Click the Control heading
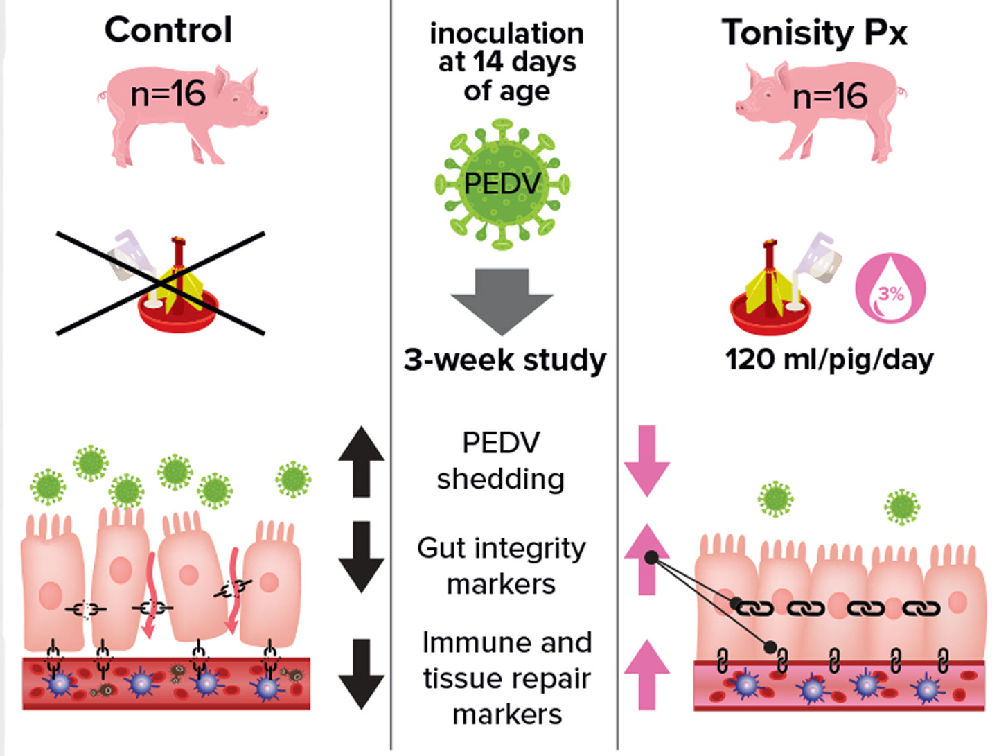[168, 30]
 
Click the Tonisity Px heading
[814, 33]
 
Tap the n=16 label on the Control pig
[168, 93]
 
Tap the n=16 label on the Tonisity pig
[829, 96]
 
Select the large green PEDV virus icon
[502, 184]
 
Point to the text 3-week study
[505, 360]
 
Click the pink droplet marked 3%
[891, 288]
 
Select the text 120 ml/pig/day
[829, 360]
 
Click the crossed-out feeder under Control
[161, 284]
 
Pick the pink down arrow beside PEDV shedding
[646, 461]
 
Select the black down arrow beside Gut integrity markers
[361, 557]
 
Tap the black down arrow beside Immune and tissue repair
[361, 674]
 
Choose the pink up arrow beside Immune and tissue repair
[646, 674]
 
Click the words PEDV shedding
[501, 461]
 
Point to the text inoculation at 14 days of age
[506, 62]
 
